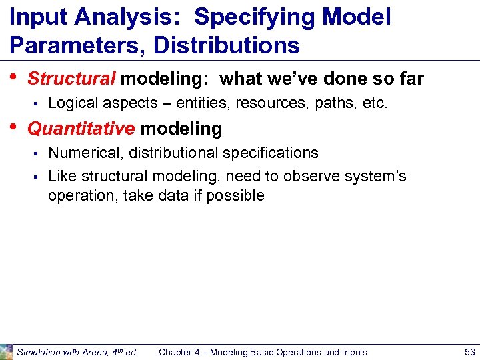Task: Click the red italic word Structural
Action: click(x=71, y=79)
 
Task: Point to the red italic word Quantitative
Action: click(x=81, y=127)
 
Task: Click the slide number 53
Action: click(x=469, y=352)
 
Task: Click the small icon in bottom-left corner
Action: click(x=6, y=351)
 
